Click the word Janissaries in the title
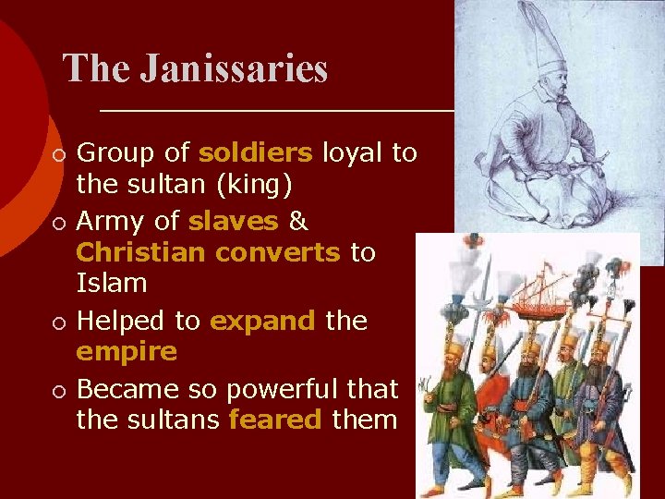pos(234,69)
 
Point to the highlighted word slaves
pos(233,221)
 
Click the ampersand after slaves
pos(298,222)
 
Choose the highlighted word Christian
pos(135,253)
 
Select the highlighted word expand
pos(260,321)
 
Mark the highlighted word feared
pos(274,420)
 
